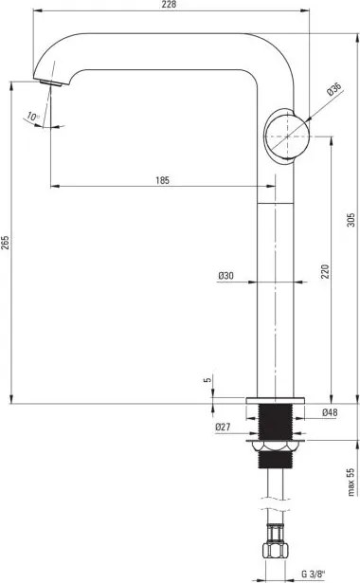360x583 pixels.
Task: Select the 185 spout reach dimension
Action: tap(164, 179)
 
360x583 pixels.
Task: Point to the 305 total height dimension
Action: tap(351, 220)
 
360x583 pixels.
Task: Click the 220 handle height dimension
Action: tap(324, 273)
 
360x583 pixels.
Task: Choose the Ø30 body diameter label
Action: tap(225, 275)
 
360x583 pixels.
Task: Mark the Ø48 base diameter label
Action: tap(330, 413)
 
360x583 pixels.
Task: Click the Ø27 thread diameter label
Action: tap(224, 427)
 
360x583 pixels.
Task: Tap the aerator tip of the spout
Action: tap(51, 82)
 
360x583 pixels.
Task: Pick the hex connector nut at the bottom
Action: tap(276, 554)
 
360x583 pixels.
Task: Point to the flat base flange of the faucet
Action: tap(276, 399)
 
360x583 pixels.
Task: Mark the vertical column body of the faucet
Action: tap(276, 284)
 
